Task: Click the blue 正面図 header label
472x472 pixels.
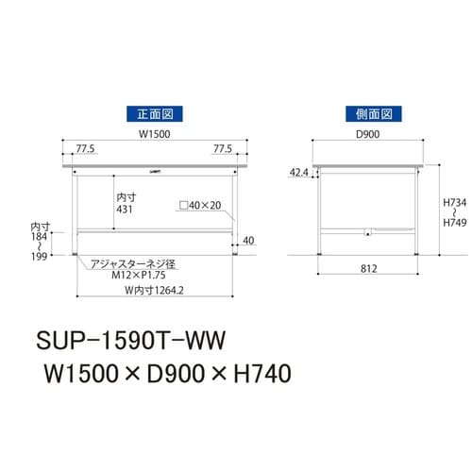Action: tap(154, 114)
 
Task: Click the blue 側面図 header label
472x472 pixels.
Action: tap(367, 114)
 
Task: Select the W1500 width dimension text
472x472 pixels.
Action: tap(154, 134)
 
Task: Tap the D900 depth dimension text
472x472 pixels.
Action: tap(367, 134)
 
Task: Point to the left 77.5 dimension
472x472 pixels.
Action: tap(87, 149)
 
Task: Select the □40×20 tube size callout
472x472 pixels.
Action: tap(199, 205)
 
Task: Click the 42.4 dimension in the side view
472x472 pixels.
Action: tap(299, 173)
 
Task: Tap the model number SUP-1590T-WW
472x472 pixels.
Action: tap(132, 336)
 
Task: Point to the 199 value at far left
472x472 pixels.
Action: tap(38, 255)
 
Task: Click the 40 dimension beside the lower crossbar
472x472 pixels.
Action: tap(247, 240)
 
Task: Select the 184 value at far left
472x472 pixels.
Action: tap(38, 237)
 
